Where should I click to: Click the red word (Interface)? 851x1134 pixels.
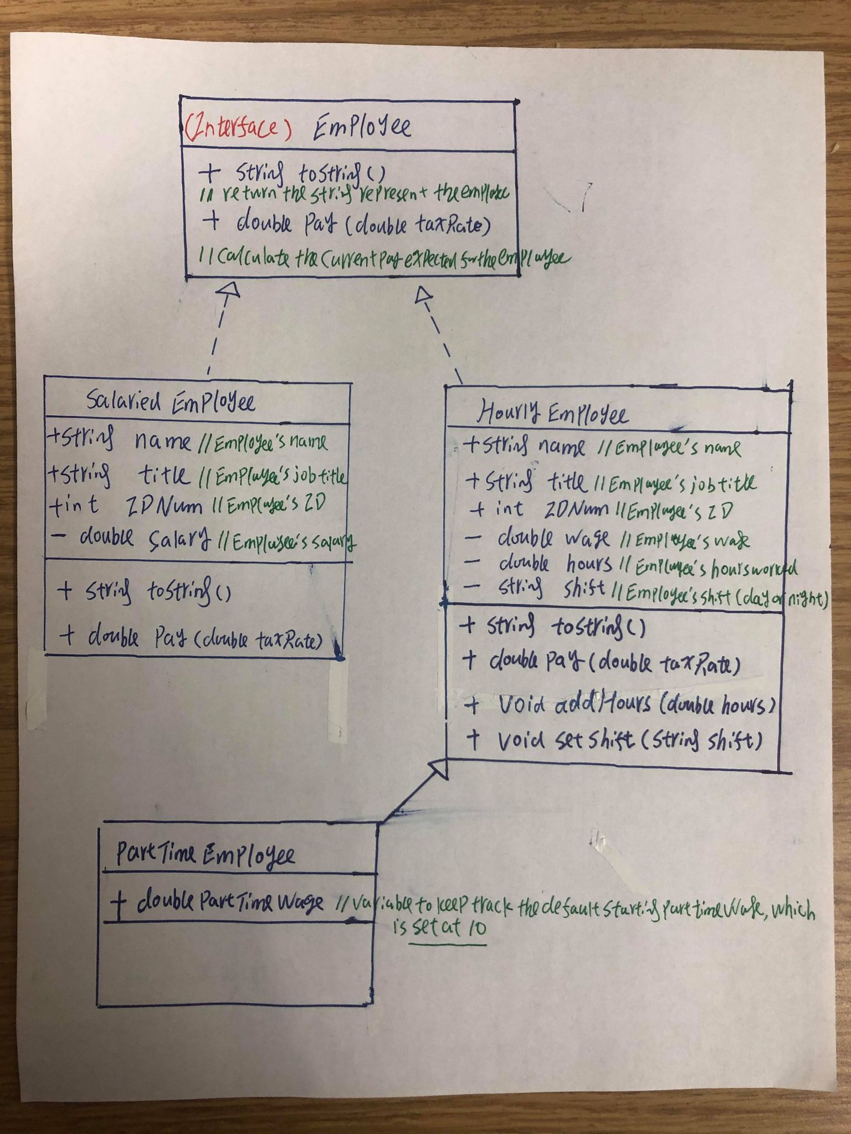tap(238, 128)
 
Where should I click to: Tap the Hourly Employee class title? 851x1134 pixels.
tap(552, 413)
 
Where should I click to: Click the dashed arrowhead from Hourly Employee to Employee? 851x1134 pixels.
tap(424, 295)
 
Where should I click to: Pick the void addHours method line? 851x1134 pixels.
tap(621, 705)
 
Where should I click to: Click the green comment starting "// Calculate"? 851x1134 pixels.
tap(382, 258)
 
